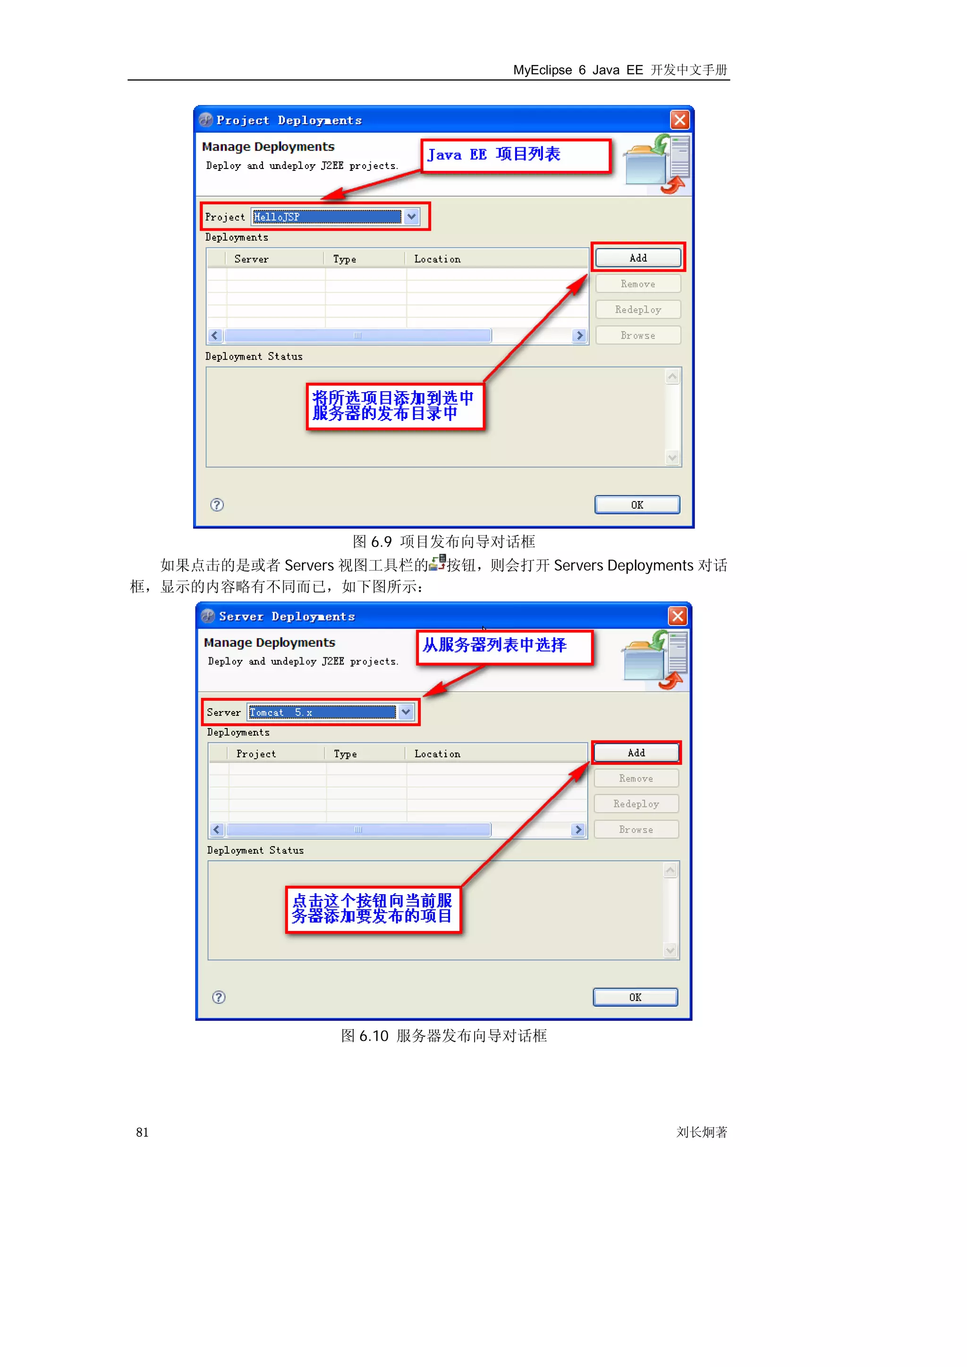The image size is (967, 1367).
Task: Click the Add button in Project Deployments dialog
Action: (x=637, y=258)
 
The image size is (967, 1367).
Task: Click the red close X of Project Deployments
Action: (x=679, y=120)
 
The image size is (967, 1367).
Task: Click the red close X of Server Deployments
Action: (x=678, y=616)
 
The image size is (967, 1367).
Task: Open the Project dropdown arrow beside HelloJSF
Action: (x=411, y=217)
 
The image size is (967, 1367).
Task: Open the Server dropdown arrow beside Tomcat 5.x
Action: (x=406, y=712)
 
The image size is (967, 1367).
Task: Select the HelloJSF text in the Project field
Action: (x=326, y=217)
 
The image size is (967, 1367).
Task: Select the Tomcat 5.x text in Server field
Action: (x=322, y=712)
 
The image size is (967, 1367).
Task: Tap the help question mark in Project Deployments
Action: (x=217, y=505)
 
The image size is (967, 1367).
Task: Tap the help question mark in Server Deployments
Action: (x=219, y=997)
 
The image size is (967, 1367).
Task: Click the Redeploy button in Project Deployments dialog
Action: (x=637, y=310)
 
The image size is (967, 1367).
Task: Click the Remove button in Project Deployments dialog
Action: (x=637, y=284)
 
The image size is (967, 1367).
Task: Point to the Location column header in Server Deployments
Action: (x=437, y=754)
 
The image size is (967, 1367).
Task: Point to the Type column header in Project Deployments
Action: (x=344, y=259)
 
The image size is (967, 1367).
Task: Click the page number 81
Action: (x=143, y=1132)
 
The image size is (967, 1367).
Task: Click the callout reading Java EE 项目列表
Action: (x=516, y=155)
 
